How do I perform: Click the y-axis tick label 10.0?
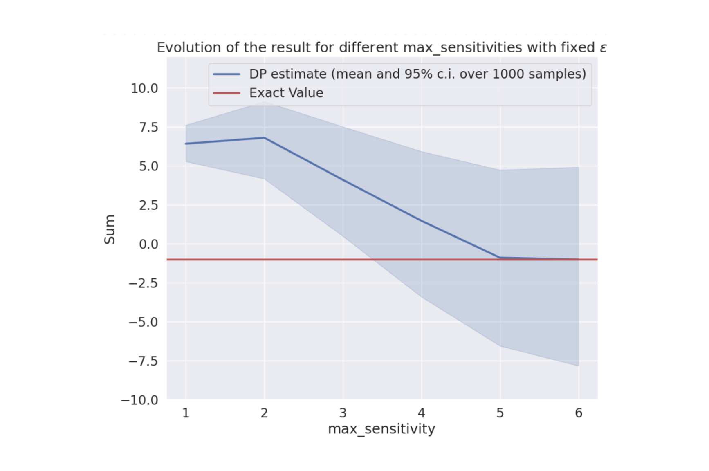[144, 88]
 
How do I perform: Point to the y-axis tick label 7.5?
[148, 128]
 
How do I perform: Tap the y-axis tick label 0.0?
[148, 244]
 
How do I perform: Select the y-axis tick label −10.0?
[139, 400]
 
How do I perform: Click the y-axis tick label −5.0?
[143, 322]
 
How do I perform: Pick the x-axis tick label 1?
[186, 413]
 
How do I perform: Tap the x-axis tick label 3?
[343, 413]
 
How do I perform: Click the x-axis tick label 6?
[578, 413]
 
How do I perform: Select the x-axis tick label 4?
[421, 413]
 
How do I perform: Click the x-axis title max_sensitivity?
[381, 429]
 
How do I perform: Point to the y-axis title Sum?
[110, 229]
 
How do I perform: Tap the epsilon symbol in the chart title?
[603, 48]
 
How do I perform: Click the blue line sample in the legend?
[227, 74]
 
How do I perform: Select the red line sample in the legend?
[227, 93]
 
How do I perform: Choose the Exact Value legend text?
[286, 93]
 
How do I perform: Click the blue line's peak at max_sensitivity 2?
[264, 138]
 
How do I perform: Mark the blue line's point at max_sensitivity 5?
[500, 258]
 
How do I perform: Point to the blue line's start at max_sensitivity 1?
[186, 144]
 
